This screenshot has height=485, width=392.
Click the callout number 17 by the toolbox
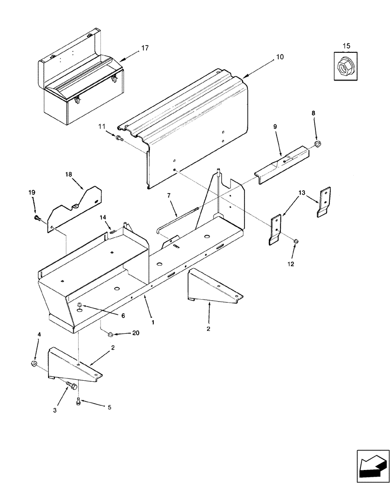pyautogui.click(x=145, y=48)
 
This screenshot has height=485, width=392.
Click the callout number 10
pyautogui.click(x=280, y=57)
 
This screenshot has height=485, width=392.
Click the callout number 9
pyautogui.click(x=275, y=126)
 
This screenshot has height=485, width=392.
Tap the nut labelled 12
pyautogui.click(x=297, y=241)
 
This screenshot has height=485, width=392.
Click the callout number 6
pyautogui.click(x=123, y=315)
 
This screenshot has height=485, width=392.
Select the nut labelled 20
pyautogui.click(x=110, y=334)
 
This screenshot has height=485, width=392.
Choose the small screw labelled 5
pyautogui.click(x=78, y=400)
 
